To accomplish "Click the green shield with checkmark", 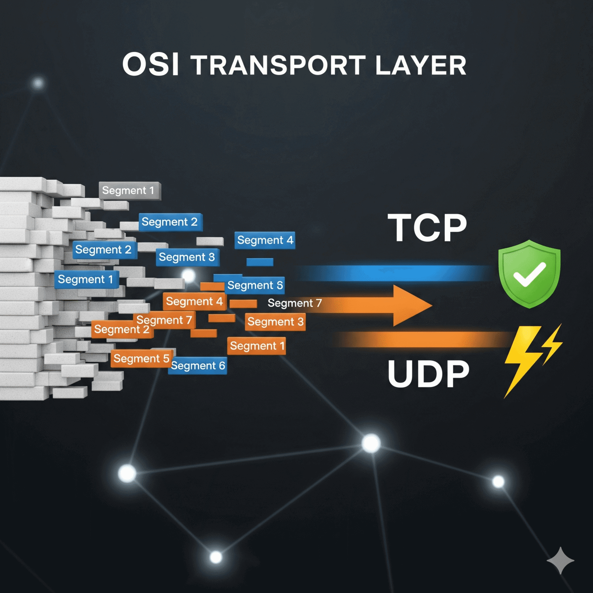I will coord(529,273).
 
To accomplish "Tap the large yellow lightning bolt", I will coord(521,359).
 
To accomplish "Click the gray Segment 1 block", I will coord(129,190).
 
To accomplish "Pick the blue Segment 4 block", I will coord(265,240).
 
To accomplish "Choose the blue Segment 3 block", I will coord(187,257).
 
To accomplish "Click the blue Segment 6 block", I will coord(198,366).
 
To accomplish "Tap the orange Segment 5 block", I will coord(141,359).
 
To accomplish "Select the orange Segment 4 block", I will coord(194,302).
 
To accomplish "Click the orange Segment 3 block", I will coord(275,322).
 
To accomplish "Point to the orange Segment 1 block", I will coord(257,346).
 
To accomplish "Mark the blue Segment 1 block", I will coord(86,280).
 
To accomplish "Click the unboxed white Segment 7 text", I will coord(294,303).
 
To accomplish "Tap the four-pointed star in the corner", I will coord(560,560).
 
